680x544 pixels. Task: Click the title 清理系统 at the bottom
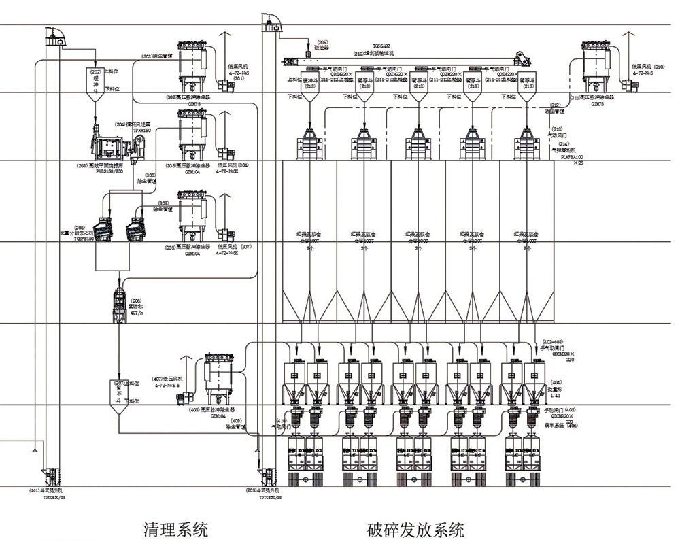click(176, 529)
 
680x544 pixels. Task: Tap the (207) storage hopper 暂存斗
click(120, 390)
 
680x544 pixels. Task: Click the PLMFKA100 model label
click(572, 156)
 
